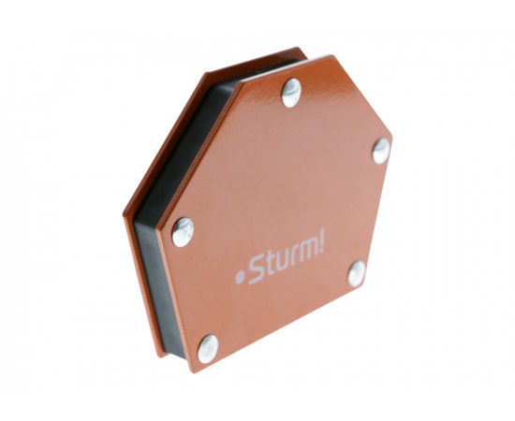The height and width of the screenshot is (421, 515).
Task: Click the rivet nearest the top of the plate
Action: click(291, 93)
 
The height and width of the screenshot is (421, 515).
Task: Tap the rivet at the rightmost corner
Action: click(381, 151)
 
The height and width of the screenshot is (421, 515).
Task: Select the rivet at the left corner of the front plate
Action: click(183, 232)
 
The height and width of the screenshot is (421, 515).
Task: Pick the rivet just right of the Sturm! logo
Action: click(357, 274)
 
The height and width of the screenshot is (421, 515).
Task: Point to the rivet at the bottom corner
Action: click(208, 349)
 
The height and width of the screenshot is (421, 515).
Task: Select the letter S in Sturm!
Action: click(257, 271)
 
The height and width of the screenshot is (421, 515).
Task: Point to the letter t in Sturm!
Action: click(270, 266)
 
